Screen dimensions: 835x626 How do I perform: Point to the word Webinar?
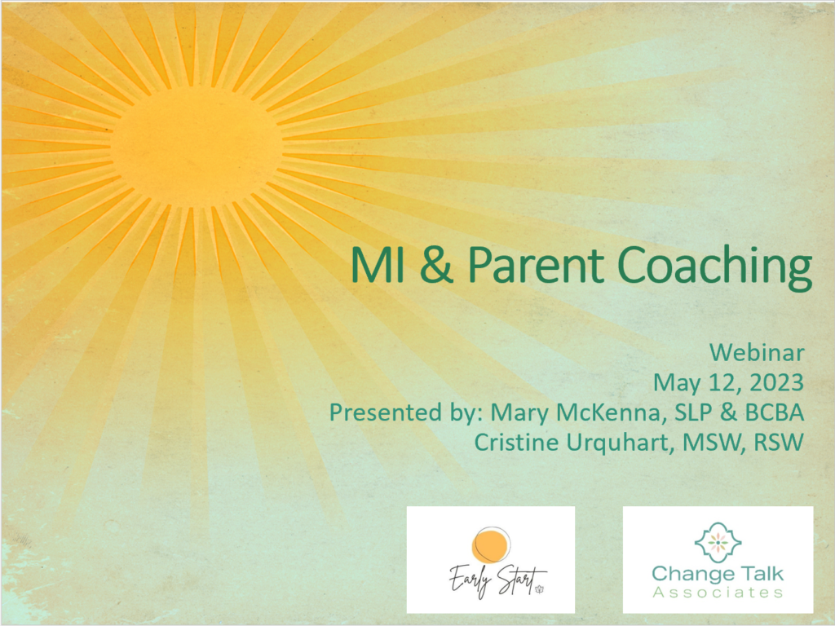tap(757, 352)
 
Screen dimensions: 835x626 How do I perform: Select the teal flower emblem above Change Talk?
tap(718, 542)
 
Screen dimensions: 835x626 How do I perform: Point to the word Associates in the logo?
tap(718, 593)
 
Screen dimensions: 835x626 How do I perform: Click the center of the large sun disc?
tap(197, 147)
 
